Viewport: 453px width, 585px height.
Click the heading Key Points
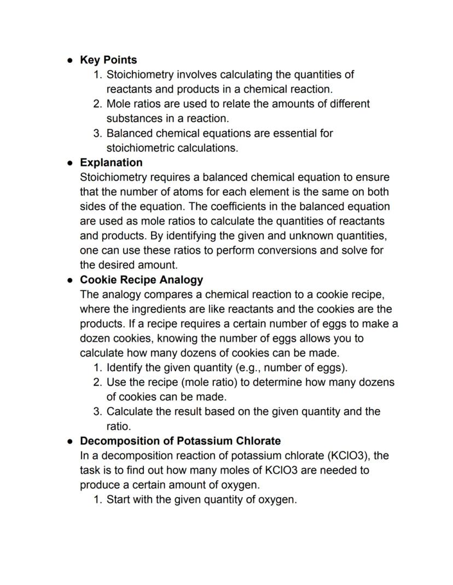[108, 60]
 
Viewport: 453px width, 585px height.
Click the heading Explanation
[111, 163]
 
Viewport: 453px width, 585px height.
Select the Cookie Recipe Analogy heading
[141, 280]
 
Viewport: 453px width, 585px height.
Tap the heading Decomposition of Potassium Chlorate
[180, 441]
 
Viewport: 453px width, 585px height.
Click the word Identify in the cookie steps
[124, 368]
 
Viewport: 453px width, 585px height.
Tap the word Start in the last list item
[118, 500]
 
